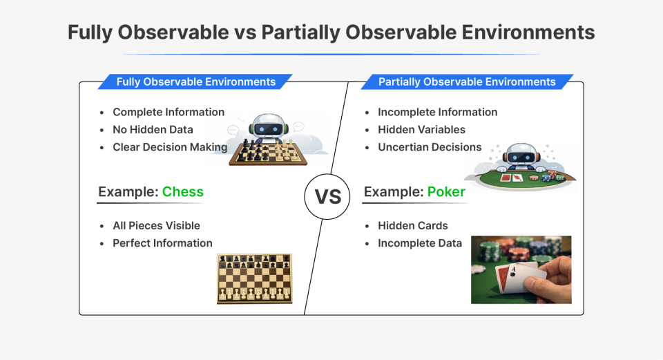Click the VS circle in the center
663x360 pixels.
(x=328, y=196)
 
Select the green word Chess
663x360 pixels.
(x=182, y=191)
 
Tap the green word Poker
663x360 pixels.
(x=446, y=191)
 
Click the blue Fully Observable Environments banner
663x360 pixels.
(x=195, y=82)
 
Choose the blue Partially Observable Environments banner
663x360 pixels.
(x=467, y=82)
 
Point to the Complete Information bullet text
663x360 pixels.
(x=169, y=112)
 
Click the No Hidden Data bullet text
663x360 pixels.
(x=153, y=129)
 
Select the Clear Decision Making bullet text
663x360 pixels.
(x=170, y=146)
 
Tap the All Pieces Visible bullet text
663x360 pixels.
(x=156, y=225)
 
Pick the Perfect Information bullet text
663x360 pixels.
(x=162, y=243)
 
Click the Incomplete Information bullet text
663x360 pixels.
(x=437, y=112)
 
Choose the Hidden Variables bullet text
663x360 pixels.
(x=421, y=129)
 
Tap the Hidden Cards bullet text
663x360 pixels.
(x=412, y=225)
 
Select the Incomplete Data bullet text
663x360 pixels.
(x=419, y=243)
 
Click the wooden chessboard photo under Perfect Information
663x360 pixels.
(x=255, y=278)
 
